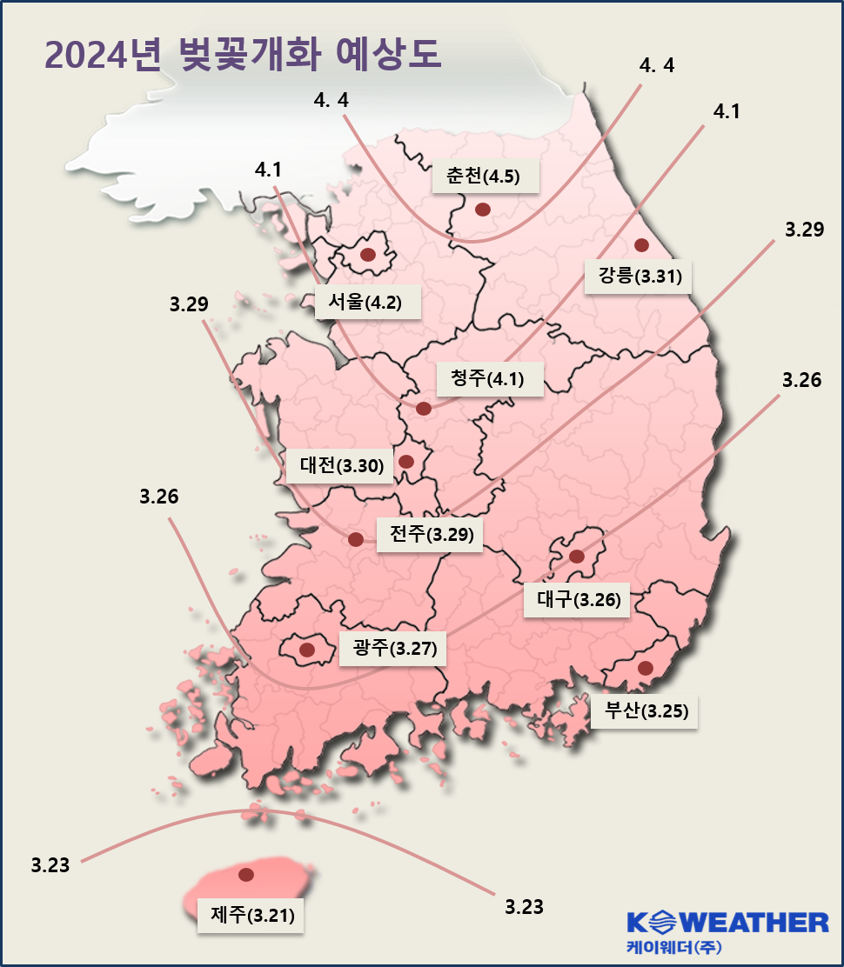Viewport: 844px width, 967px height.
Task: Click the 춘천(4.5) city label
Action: coord(486,177)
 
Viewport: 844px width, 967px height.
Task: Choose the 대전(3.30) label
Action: coord(340,466)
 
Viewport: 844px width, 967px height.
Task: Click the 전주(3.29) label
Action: coord(430,534)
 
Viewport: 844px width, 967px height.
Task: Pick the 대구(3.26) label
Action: coord(577,600)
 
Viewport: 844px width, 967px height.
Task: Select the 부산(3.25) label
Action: coord(645,711)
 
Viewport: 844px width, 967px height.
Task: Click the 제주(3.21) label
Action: coord(251,916)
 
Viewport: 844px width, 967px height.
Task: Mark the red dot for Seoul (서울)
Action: coord(367,255)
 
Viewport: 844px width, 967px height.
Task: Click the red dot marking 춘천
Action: coord(482,209)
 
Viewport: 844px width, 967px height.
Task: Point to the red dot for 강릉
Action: coord(641,244)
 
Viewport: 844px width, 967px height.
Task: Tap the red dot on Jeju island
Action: coord(246,874)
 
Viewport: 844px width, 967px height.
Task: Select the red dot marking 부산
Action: coord(645,668)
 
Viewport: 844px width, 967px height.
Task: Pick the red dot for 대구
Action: coord(576,556)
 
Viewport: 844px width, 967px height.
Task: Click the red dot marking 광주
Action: coord(306,649)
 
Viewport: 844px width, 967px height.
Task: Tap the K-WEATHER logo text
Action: coord(727,923)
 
